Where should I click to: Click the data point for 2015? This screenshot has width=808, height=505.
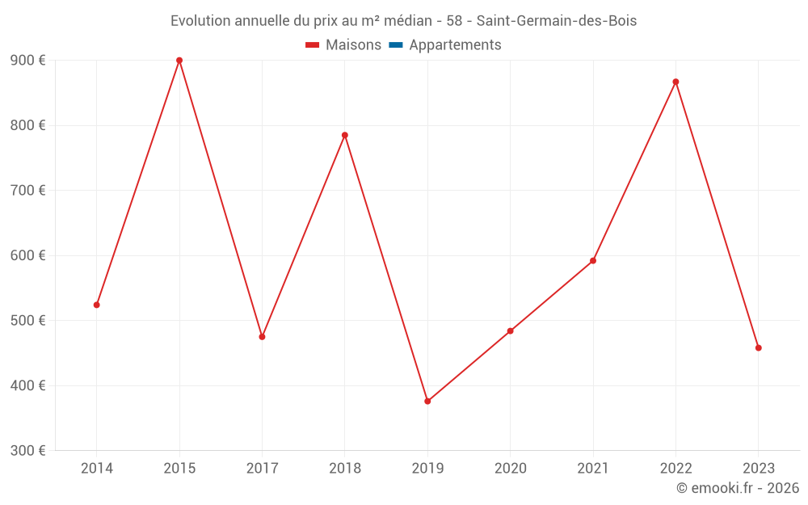pyautogui.click(x=179, y=61)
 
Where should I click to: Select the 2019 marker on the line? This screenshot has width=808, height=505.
pyautogui.click(x=427, y=401)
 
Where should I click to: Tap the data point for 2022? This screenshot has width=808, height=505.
pyautogui.click(x=675, y=82)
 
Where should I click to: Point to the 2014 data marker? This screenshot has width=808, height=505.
pyautogui.click(x=97, y=305)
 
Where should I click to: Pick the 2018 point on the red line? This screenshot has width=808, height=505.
pyautogui.click(x=345, y=135)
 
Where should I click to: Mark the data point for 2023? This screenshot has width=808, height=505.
pyautogui.click(x=758, y=347)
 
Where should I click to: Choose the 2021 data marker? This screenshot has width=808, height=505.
pyautogui.click(x=593, y=260)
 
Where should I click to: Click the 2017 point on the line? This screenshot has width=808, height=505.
pyautogui.click(x=262, y=336)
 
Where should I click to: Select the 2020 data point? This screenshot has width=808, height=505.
pyautogui.click(x=510, y=330)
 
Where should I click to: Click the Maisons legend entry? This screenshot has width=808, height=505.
pyautogui.click(x=343, y=45)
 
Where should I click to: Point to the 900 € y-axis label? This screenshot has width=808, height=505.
pyautogui.click(x=28, y=61)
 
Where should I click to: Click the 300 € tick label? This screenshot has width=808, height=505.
pyautogui.click(x=28, y=450)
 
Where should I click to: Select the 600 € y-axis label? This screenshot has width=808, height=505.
pyautogui.click(x=28, y=255)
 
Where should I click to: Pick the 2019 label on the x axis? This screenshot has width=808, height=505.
pyautogui.click(x=427, y=468)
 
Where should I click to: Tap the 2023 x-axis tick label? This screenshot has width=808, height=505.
pyautogui.click(x=758, y=468)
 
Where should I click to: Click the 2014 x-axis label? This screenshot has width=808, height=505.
pyautogui.click(x=97, y=468)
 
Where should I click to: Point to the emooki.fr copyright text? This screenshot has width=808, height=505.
pyautogui.click(x=738, y=488)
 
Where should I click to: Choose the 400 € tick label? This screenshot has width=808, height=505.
pyautogui.click(x=28, y=385)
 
